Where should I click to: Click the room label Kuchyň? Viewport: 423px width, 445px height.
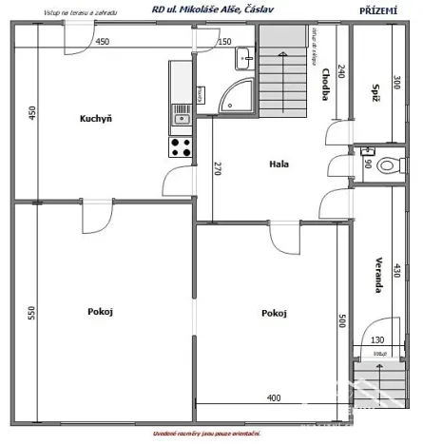pos(96,119)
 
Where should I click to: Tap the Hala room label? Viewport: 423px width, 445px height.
pos(279,164)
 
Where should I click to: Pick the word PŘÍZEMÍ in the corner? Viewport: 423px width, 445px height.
pos(378,10)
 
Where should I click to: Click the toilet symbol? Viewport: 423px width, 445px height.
pos(386,164)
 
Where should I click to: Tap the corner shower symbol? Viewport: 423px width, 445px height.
pos(236,94)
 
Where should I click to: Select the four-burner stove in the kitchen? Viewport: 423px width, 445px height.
pos(181,147)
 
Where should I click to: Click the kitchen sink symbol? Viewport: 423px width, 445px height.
pos(181,117)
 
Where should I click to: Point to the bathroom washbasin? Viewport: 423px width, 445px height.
pos(245,58)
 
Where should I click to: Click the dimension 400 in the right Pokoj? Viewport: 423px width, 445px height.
pos(274,397)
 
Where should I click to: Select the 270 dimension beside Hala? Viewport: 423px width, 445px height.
pos(217,170)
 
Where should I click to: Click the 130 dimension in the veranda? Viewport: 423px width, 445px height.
pos(378,340)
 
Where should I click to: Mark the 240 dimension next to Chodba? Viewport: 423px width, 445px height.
pos(341,71)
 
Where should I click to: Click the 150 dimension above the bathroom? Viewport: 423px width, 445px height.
pos(224,42)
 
